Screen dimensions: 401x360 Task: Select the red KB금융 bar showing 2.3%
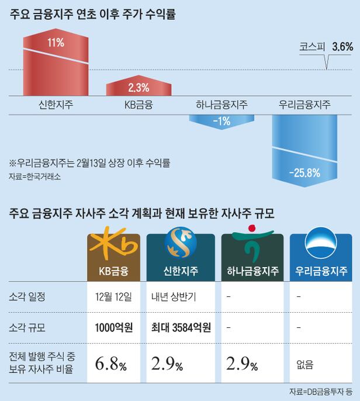click(139, 89)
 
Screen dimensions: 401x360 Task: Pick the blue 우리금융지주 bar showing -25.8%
click(304, 152)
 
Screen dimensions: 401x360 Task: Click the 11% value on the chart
click(56, 43)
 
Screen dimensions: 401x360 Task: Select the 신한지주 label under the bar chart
click(56, 105)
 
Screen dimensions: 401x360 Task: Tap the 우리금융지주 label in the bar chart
click(304, 105)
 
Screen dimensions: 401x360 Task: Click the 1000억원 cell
click(113, 327)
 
